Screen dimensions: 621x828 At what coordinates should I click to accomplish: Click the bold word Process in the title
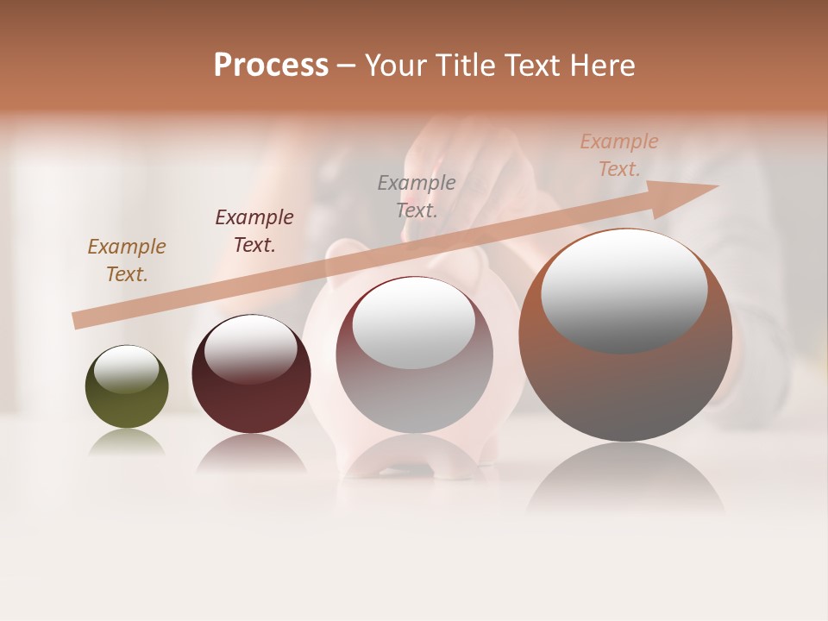[271, 65]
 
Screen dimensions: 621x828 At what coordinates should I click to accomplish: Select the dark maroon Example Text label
[254, 231]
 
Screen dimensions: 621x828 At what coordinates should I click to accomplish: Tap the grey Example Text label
[417, 196]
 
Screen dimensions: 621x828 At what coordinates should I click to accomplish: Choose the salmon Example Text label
[619, 155]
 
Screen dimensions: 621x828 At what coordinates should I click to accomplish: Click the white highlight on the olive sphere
[127, 369]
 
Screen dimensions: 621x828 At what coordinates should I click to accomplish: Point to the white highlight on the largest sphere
[624, 292]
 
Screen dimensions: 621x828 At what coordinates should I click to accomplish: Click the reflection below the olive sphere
[127, 442]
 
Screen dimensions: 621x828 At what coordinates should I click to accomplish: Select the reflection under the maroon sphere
[251, 454]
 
